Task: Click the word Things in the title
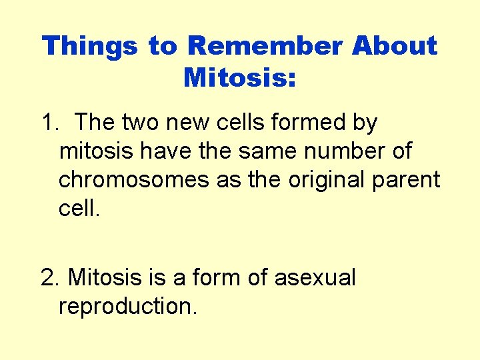(x=90, y=46)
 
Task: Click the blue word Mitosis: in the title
(x=239, y=77)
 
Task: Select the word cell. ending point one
(x=79, y=208)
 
